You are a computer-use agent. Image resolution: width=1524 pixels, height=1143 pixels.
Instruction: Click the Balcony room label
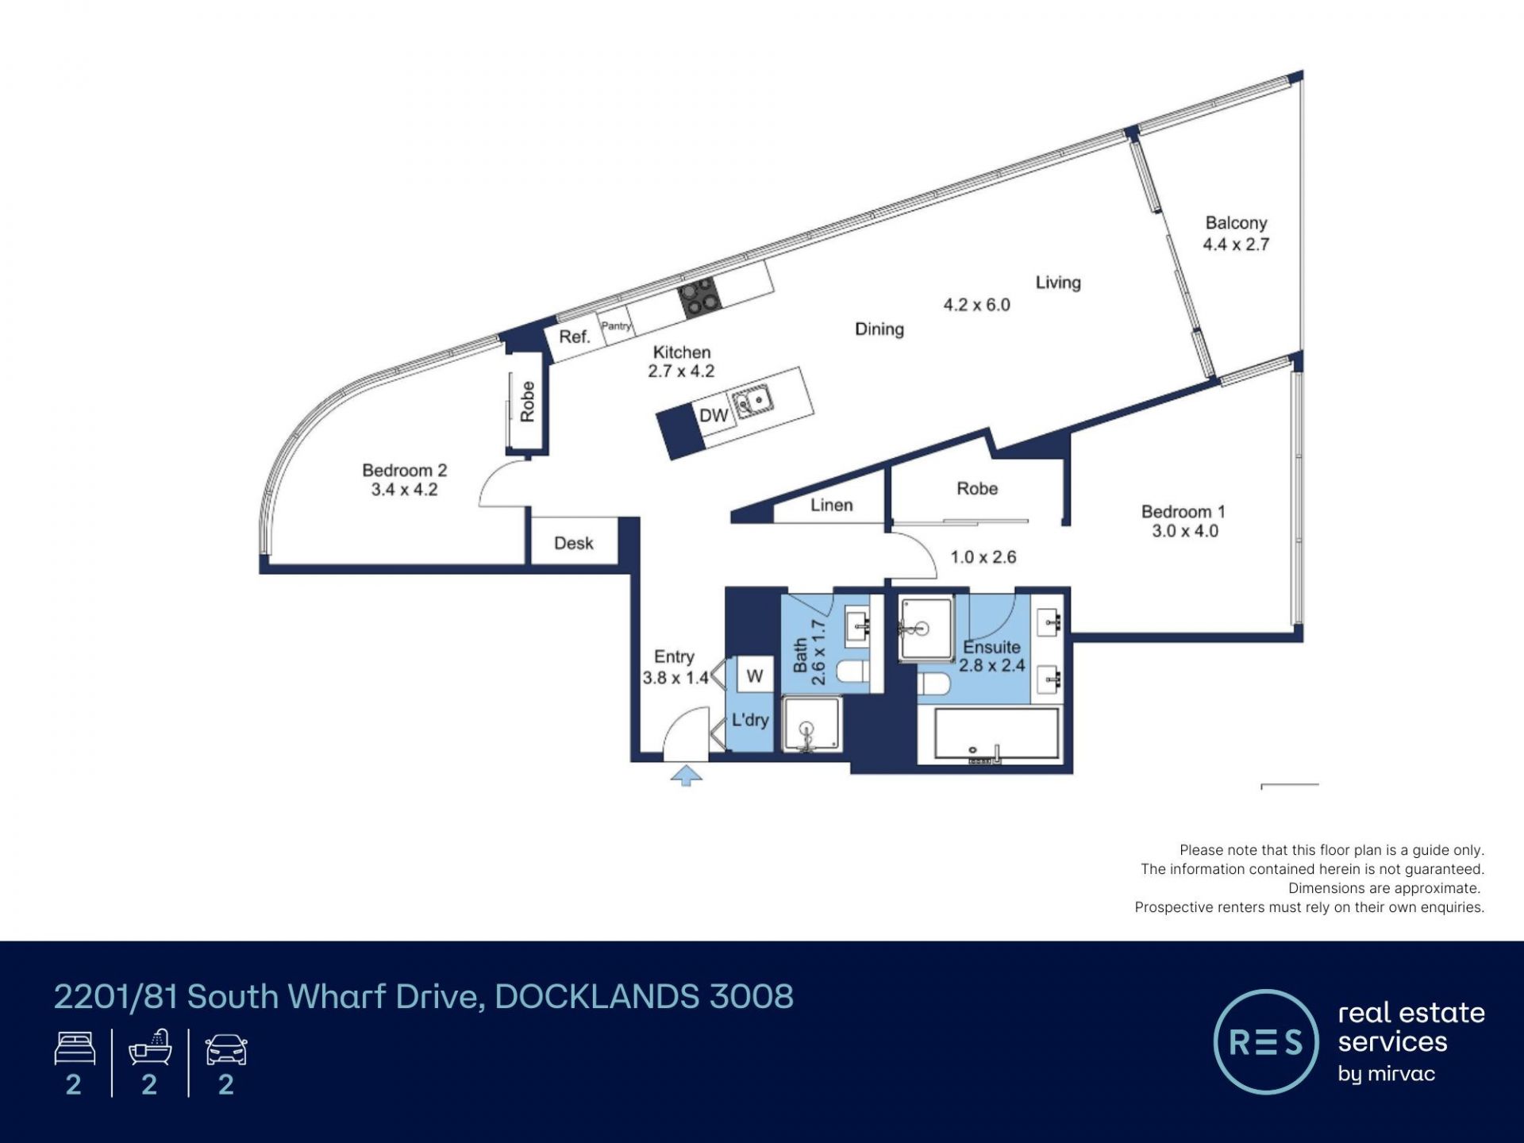(1236, 223)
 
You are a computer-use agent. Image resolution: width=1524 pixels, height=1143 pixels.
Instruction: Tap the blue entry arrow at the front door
(687, 775)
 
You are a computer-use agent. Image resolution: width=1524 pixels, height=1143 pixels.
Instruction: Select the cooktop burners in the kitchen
(699, 297)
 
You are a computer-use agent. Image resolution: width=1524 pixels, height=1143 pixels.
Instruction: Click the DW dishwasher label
(714, 415)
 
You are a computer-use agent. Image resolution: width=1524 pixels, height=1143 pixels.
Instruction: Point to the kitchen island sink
(752, 400)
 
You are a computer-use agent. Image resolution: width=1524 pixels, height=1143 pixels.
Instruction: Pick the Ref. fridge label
(575, 337)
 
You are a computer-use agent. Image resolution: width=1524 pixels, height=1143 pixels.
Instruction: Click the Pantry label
(616, 325)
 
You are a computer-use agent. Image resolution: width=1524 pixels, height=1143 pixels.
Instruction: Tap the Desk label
(574, 543)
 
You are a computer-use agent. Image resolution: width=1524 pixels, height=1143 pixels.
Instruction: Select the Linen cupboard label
(832, 505)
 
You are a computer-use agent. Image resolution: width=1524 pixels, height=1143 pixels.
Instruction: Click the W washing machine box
(755, 675)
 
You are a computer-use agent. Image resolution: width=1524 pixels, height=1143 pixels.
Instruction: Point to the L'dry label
(750, 720)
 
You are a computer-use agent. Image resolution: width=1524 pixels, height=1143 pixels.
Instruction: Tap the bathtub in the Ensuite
(997, 735)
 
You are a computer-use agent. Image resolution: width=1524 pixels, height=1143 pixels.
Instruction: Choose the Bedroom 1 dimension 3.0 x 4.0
(1185, 531)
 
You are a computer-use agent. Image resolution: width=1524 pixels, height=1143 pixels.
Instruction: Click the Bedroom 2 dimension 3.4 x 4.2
(405, 490)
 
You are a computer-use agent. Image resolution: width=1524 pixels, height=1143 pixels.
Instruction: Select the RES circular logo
(1266, 1041)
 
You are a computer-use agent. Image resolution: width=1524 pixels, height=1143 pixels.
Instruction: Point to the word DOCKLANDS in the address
(597, 997)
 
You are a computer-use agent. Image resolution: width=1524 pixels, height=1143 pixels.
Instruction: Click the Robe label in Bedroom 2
(527, 402)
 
